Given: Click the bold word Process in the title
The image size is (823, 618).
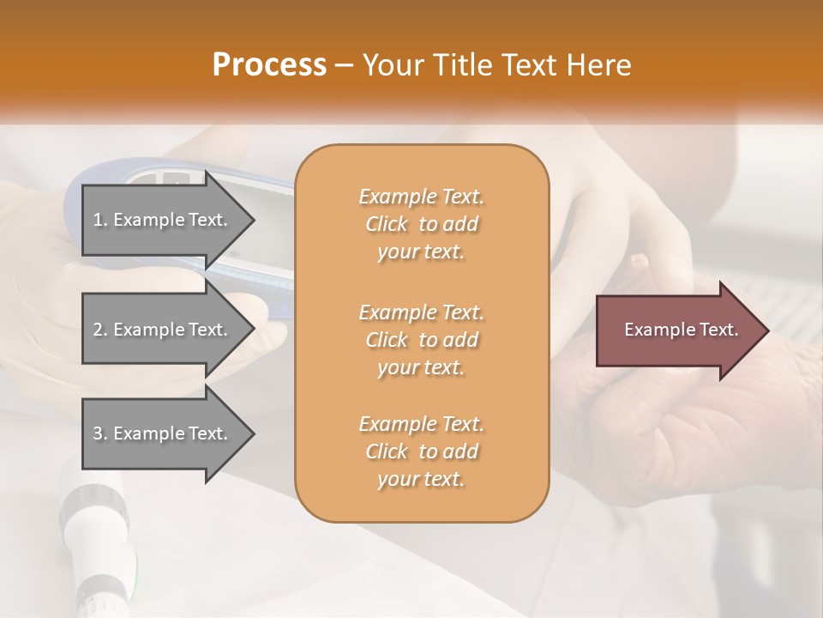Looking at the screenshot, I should coord(269,65).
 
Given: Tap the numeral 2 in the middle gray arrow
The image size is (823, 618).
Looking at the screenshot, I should coord(98,330).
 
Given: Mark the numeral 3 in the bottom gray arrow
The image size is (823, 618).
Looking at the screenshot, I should coord(98,433).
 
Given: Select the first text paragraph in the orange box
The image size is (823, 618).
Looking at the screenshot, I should coord(421,224).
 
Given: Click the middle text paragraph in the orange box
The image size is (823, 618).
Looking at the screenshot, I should coord(421,340).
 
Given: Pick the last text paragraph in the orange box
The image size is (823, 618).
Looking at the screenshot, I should coord(421,451).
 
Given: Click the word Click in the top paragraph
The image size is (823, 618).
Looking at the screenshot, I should coord(387,224).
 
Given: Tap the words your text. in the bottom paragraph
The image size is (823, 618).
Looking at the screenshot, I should coord(421,479).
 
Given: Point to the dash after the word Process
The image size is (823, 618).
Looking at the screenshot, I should coord(345,65).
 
